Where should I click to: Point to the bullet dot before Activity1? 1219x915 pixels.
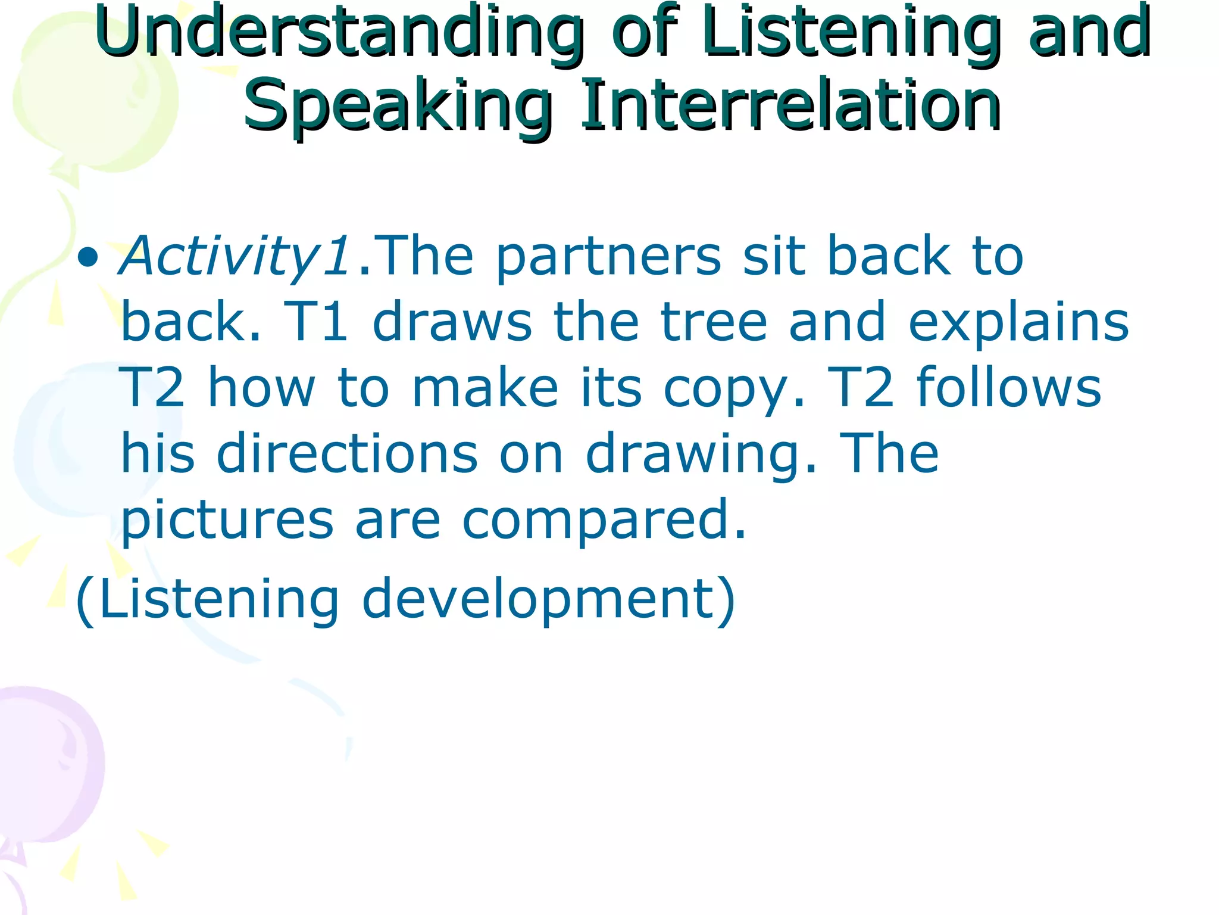pos(88,257)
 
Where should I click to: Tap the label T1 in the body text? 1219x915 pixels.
pos(315,322)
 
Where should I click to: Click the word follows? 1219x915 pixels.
pos(1008,387)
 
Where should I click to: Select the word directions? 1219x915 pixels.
pos(346,454)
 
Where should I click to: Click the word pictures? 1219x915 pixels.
pos(226,520)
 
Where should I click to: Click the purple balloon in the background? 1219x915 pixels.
pos(48,768)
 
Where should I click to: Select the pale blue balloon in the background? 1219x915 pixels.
pos(65,441)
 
